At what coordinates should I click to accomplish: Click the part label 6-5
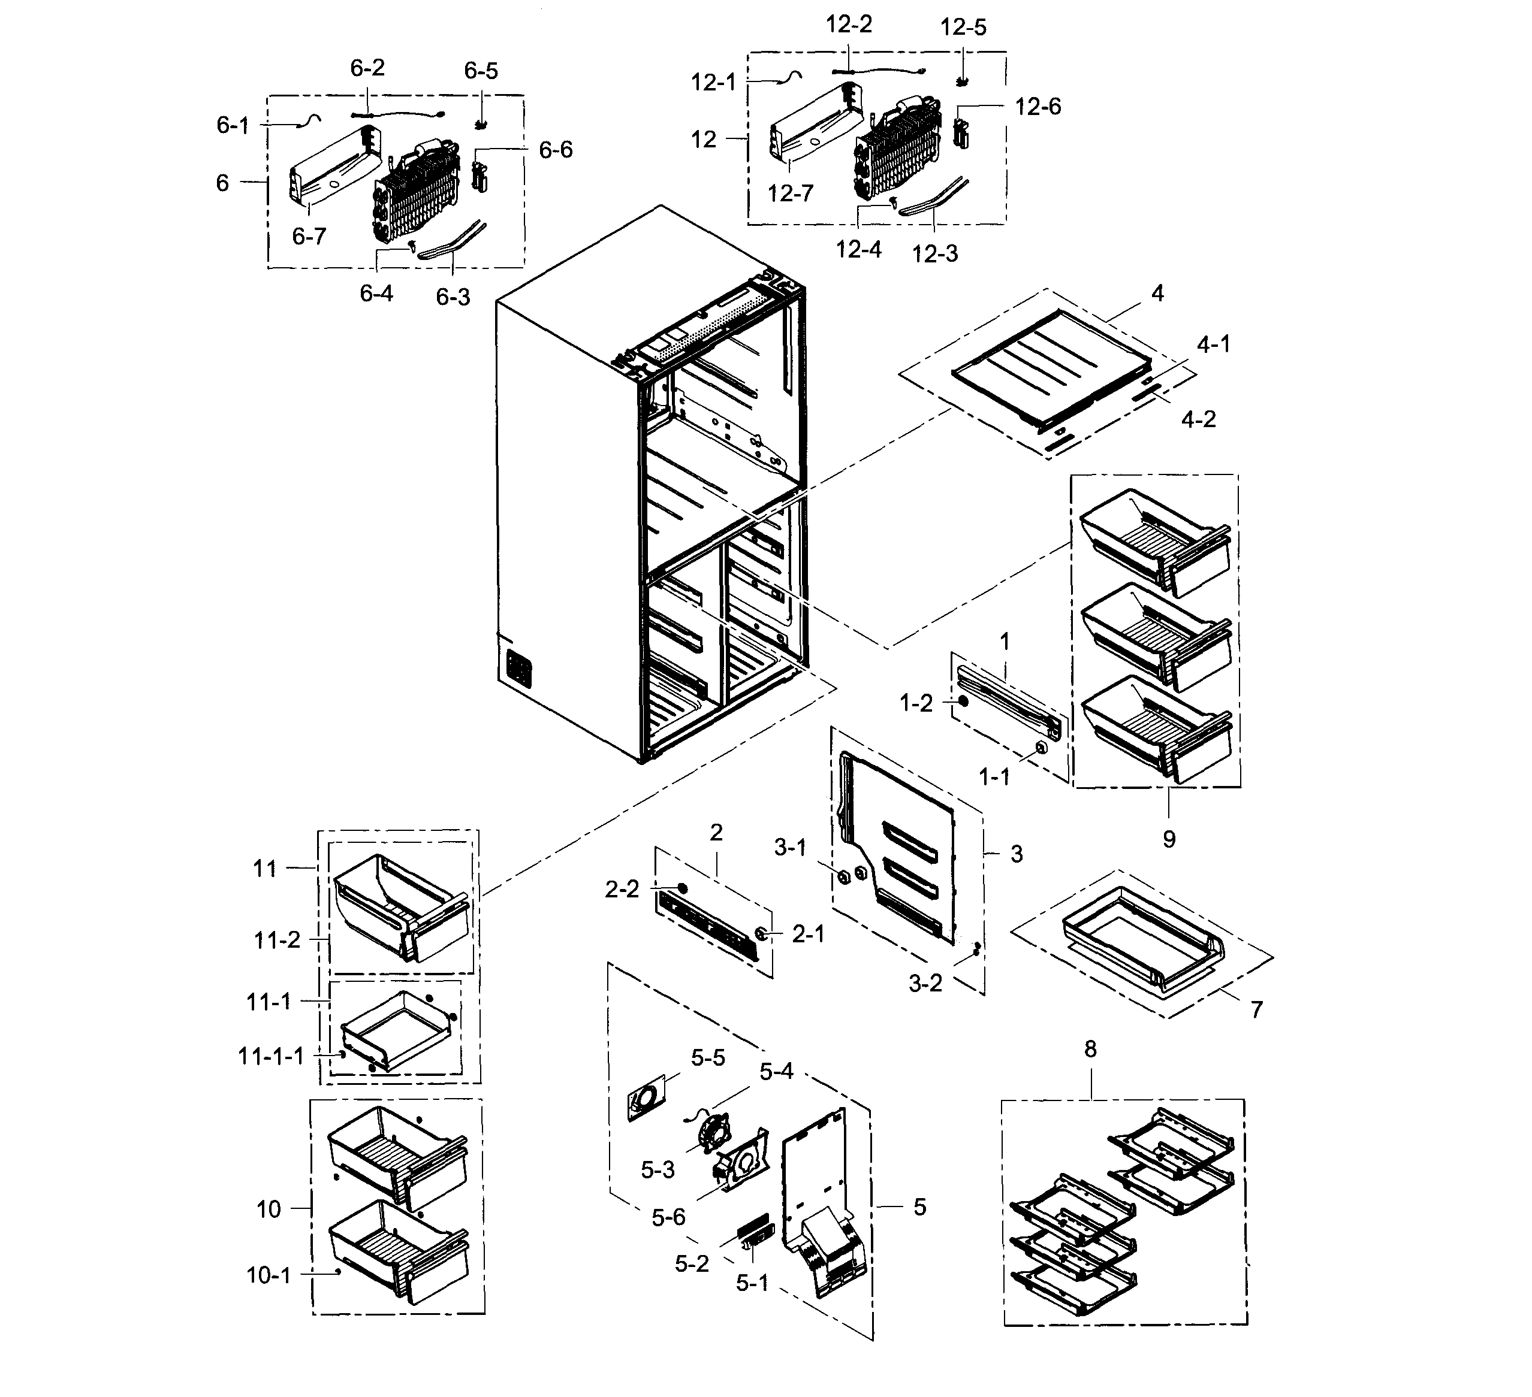point(481,71)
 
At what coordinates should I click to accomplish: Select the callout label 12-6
point(1038,107)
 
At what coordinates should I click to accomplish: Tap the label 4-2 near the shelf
point(1198,419)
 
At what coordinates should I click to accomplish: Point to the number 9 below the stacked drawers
point(1169,839)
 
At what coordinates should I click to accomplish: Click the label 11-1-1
point(270,1056)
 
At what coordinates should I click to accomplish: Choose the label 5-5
point(707,1057)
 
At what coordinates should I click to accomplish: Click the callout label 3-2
point(925,984)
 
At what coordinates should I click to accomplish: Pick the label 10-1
point(269,1275)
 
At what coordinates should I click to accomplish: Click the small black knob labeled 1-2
point(963,701)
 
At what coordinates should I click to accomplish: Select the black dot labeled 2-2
point(681,888)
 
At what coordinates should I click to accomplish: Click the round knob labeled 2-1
point(761,933)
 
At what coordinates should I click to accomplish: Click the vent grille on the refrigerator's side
point(518,669)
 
